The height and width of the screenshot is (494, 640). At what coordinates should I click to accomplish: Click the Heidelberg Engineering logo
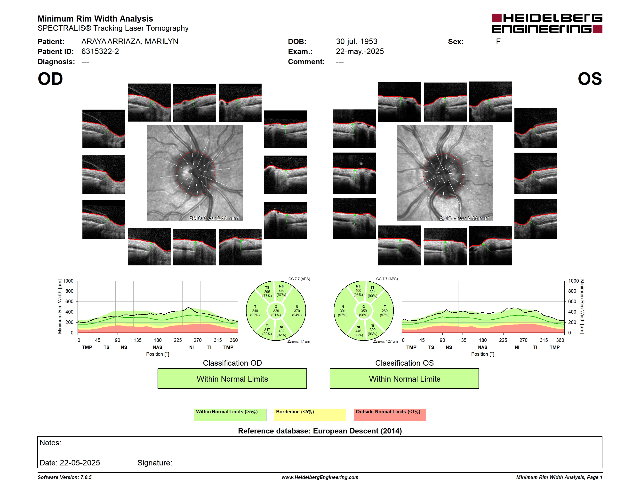click(x=547, y=23)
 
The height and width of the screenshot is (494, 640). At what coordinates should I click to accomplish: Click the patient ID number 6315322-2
click(x=100, y=52)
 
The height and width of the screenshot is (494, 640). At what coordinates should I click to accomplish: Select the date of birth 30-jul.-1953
click(x=356, y=42)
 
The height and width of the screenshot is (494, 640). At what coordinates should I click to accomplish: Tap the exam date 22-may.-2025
click(x=360, y=52)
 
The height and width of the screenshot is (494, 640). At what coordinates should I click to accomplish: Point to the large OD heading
click(x=50, y=79)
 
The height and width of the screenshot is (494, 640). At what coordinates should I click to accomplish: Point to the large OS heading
click(x=590, y=79)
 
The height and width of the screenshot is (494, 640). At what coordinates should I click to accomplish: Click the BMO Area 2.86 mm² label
click(x=464, y=218)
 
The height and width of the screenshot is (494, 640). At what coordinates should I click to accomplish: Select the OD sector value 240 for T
click(x=255, y=311)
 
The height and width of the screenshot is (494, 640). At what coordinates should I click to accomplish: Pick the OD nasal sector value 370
click(x=297, y=311)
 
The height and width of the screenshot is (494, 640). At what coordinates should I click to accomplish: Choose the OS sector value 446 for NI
click(x=358, y=331)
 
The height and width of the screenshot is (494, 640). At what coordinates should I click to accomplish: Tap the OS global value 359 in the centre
click(x=364, y=311)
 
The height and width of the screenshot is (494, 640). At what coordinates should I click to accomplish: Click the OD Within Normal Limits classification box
click(x=232, y=378)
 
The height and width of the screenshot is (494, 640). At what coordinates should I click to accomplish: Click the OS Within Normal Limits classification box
click(x=404, y=378)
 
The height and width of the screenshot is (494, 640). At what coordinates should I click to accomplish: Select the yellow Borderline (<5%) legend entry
click(x=310, y=415)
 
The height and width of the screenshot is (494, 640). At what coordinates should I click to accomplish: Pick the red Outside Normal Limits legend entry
click(x=390, y=415)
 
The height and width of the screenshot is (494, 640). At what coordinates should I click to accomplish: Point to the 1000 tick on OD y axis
click(x=68, y=281)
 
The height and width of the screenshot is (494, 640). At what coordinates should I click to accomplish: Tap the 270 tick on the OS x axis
click(x=523, y=340)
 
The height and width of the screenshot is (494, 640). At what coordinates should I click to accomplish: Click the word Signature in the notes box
click(x=155, y=463)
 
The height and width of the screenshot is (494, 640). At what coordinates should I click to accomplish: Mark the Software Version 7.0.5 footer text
click(x=64, y=477)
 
